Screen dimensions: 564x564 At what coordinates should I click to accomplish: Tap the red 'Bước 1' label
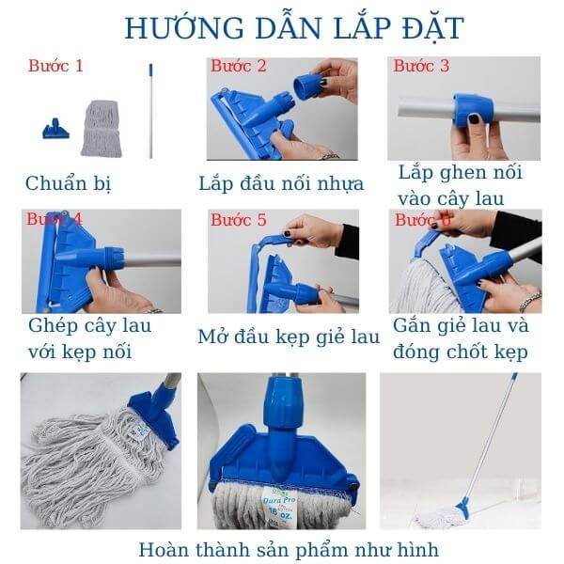(55, 66)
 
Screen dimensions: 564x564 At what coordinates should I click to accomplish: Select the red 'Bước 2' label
(238, 66)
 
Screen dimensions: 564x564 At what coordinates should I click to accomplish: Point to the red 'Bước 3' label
(421, 66)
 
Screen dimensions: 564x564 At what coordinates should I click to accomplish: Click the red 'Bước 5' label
(238, 220)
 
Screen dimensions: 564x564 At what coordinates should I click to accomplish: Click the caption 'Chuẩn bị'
(69, 182)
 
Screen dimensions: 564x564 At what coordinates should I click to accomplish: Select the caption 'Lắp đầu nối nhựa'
(281, 182)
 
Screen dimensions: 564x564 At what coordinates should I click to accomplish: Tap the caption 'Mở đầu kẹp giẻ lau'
(289, 336)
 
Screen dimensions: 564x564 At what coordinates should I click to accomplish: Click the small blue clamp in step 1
(55, 129)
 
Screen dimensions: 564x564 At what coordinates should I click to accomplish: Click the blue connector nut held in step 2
(306, 86)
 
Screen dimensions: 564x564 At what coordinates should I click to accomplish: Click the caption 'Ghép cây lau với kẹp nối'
(90, 339)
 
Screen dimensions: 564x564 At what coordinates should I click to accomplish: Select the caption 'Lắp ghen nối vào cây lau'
(460, 185)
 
